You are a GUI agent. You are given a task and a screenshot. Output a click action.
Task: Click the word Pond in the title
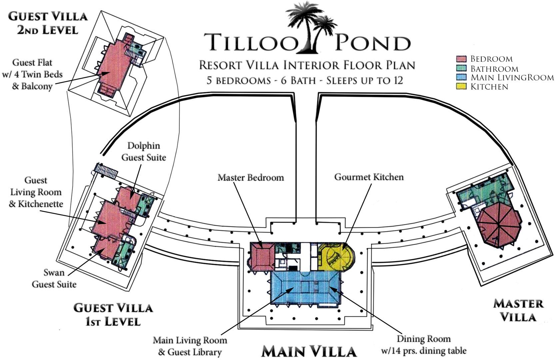point(372,43)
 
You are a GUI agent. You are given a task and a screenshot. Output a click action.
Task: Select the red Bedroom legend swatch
point(460,59)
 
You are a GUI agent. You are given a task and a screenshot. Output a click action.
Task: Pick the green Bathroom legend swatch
point(460,68)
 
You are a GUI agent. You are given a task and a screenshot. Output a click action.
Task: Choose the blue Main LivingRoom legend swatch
point(460,77)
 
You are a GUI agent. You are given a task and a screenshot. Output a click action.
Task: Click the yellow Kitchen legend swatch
point(460,86)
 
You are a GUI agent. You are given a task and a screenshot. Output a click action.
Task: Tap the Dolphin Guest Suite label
point(144,151)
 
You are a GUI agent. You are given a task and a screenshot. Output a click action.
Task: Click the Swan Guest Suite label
point(54,278)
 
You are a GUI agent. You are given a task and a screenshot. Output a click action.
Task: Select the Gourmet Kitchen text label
point(369,177)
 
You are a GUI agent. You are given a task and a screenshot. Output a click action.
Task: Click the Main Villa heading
point(309,351)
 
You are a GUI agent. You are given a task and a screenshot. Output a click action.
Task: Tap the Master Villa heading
point(518,310)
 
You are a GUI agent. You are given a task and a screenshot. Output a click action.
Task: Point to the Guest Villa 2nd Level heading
point(48,23)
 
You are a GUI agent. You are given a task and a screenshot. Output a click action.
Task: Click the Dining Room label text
point(424,344)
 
